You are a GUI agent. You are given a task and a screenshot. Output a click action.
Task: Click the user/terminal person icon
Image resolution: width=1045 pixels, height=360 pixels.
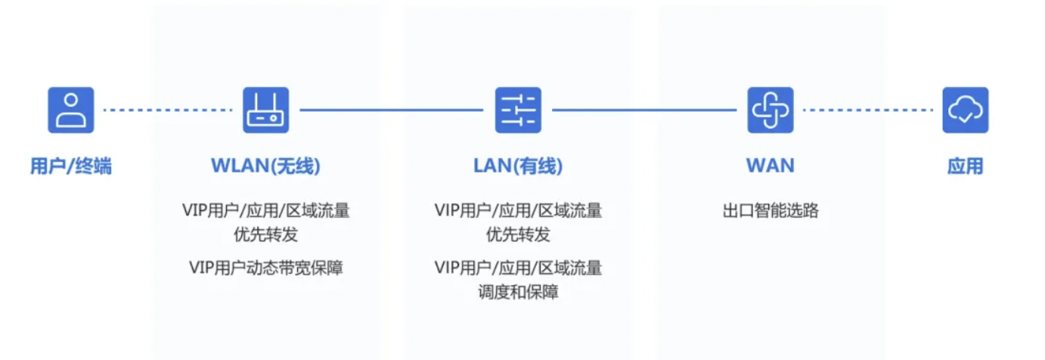[71, 110]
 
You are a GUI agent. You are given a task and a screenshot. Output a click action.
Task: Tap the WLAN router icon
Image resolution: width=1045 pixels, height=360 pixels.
[265, 110]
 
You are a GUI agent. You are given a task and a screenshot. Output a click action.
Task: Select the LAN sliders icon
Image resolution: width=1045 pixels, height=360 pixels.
[518, 110]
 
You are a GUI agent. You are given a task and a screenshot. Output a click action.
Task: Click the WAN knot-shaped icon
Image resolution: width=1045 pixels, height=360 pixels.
[770, 110]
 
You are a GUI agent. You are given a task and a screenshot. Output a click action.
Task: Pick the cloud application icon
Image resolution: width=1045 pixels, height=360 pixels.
[965, 110]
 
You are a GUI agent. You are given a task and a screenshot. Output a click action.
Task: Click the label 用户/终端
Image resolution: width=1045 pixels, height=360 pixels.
[71, 166]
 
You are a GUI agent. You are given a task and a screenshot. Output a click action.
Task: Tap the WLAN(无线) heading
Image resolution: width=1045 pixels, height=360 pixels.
[265, 166]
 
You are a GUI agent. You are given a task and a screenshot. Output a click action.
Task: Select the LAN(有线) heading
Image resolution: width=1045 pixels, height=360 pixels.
[518, 166]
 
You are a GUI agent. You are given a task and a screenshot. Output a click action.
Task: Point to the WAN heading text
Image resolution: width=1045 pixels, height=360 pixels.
[770, 166]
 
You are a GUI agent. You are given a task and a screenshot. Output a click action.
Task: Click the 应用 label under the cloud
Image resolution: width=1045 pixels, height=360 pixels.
[965, 166]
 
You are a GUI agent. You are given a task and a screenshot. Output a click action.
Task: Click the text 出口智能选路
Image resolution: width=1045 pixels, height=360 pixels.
[771, 211]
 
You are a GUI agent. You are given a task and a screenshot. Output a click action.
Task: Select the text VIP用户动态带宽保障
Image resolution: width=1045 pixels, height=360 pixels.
[266, 267]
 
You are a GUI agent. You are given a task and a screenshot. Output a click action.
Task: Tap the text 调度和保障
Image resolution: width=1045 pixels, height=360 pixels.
[518, 292]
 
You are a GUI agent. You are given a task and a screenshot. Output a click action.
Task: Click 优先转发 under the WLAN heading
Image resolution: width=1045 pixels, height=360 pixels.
[265, 235]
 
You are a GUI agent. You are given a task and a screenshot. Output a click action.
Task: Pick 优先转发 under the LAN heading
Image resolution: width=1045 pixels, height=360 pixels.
[518, 235]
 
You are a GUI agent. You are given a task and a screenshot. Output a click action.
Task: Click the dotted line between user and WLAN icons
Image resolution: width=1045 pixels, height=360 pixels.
[167, 110]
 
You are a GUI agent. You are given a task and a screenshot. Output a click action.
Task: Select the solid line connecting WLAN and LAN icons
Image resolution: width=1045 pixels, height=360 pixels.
[391, 110]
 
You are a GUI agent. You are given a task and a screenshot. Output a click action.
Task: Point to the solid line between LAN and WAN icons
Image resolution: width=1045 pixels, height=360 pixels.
[643, 110]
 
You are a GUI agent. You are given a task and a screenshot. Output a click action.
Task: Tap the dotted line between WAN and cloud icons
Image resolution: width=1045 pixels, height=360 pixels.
[867, 110]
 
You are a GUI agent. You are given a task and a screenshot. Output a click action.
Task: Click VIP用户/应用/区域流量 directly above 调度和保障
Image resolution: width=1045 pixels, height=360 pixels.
[518, 267]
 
